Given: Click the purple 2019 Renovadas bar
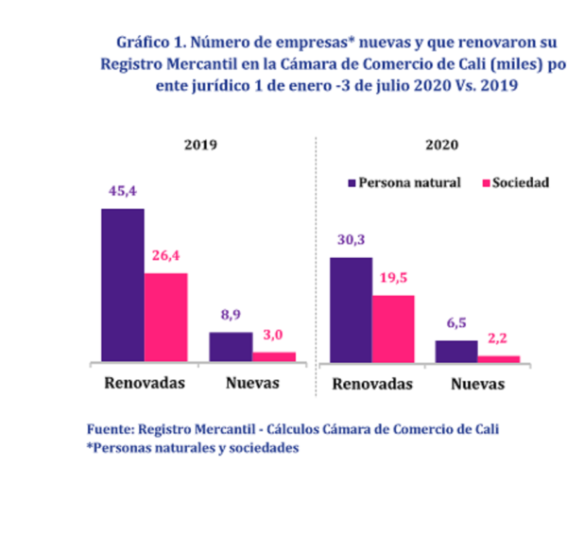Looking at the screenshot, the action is pos(123,285).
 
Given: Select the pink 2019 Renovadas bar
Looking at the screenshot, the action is pos(166,318).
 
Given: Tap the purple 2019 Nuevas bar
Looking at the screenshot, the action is pos(231,347).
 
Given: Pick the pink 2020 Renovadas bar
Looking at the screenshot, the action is pos(393,329).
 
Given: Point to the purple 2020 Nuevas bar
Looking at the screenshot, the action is pos(456,352).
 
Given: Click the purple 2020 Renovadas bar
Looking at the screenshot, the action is pos(352,310).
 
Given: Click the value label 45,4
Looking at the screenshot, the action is pos(123,191).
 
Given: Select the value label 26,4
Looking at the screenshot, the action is pos(165,255).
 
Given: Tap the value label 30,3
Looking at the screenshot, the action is pos(352,239).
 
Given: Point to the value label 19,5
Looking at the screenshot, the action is pos(393,278).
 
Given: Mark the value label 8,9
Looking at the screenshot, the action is pos(231,315).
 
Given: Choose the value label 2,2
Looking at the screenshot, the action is pos(498,338).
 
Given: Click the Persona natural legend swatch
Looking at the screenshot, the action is pos(352,183).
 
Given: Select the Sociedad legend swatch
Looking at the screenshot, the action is pos(487,183).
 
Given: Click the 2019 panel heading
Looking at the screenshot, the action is pos(200,145).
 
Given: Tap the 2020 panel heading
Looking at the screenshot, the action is pos(442,145).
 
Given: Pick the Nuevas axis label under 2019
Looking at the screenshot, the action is pos(252,383).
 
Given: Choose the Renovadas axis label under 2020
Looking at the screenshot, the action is pos(372,384).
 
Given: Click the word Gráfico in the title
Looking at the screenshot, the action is pos(143,43).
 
